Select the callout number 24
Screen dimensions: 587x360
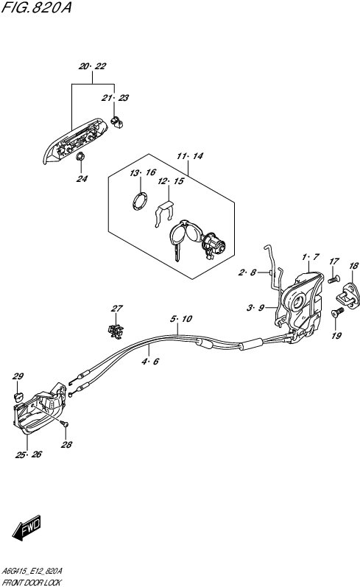coord(82,178)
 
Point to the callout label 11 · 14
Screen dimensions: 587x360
coord(188,157)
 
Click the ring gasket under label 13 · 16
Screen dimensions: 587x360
coord(138,202)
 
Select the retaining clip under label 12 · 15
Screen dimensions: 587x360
coord(166,213)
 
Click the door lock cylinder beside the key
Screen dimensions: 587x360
coord(215,243)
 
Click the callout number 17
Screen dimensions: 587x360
coord(333,261)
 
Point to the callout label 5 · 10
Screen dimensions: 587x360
coord(181,319)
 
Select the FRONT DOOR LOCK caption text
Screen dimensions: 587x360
coord(35,581)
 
